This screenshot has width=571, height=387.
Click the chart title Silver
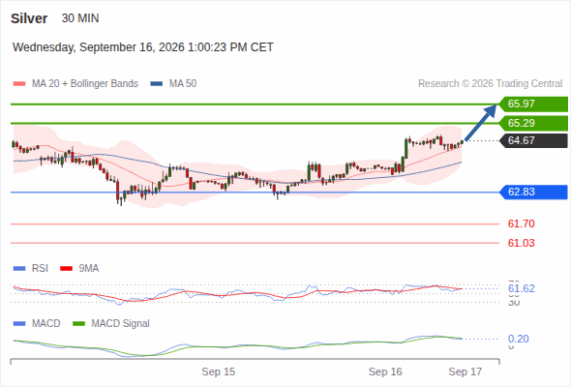[x=29, y=18]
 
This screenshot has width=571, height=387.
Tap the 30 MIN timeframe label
[x=80, y=18]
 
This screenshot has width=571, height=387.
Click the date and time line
[x=143, y=47]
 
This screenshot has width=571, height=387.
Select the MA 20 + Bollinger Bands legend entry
[x=75, y=84]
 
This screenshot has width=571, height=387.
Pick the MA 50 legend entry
[x=173, y=84]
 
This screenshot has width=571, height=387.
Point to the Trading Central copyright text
[x=490, y=84]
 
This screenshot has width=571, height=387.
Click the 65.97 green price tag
[x=533, y=104]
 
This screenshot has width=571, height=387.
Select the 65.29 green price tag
[x=533, y=124]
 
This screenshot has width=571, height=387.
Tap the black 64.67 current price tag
[x=533, y=140]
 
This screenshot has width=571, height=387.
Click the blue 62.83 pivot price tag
[x=533, y=192]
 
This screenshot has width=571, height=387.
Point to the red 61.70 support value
[x=521, y=223]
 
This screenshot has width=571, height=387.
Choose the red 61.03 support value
[x=521, y=243]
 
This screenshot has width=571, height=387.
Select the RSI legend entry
[x=31, y=268]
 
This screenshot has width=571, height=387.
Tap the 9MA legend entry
[x=79, y=268]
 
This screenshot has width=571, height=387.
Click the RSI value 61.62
[x=522, y=288]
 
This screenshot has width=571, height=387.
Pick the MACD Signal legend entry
[x=111, y=323]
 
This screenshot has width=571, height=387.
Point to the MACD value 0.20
[x=518, y=339]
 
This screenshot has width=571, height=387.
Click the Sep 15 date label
[x=219, y=372]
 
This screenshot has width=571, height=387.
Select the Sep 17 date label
[x=466, y=372]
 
